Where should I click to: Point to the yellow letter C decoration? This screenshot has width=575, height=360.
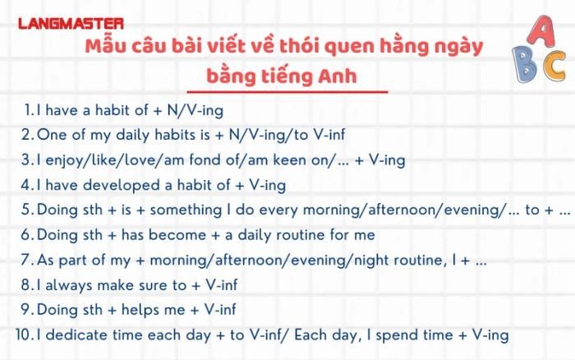tap(554, 67)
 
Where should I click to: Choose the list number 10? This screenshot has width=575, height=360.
tap(23, 335)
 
